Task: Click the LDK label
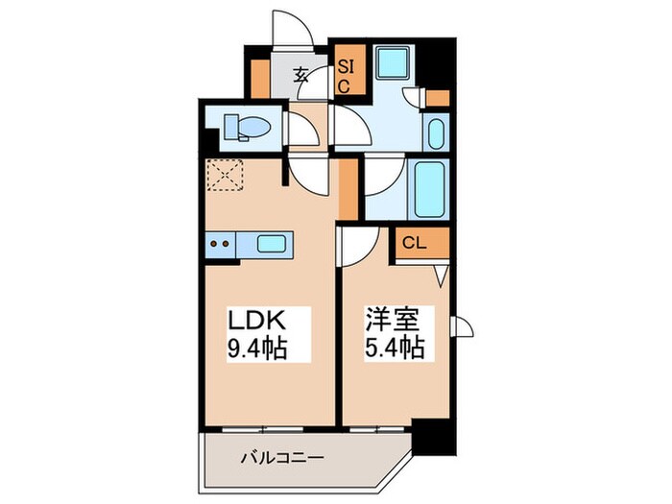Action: [x=254, y=320]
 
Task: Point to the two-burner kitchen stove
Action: [x=220, y=244]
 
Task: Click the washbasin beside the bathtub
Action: [x=435, y=132]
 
